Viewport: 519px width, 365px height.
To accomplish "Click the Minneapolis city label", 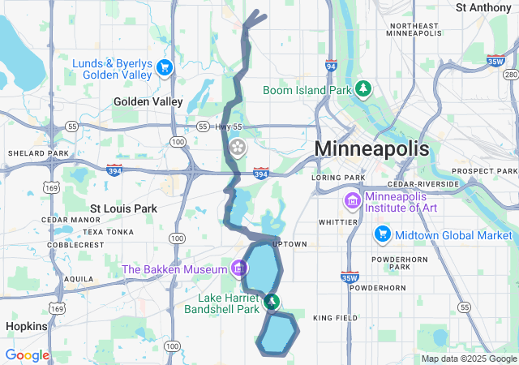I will tap(371, 149).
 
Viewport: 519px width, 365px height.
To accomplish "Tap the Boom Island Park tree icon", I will tap(365, 88).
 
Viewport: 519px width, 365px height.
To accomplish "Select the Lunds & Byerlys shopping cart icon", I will tap(165, 67).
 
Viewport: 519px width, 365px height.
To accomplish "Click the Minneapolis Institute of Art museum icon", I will tap(353, 200).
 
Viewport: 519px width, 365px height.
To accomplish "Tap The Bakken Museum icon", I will tap(239, 267).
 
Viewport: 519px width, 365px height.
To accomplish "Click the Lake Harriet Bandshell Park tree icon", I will tap(273, 303).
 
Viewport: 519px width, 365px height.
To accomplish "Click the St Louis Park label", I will tap(123, 208).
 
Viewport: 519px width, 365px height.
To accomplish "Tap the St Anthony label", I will tap(483, 7).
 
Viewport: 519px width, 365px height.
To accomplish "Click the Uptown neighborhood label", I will tap(290, 243).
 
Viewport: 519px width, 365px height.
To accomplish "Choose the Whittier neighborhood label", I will tap(338, 221).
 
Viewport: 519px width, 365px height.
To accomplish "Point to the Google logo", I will tap(27, 355).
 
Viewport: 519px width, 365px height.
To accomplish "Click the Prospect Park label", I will tap(484, 171).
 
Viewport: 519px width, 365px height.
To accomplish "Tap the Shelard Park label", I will tap(38, 153).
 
